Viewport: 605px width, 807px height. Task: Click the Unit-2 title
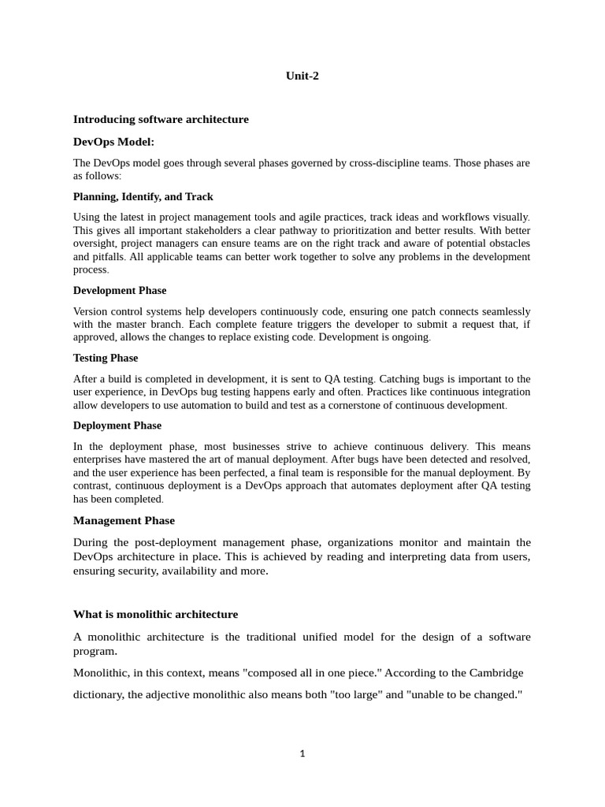coord(302,76)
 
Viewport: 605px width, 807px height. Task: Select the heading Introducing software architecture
coord(161,120)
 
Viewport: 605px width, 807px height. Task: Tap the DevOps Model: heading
coord(114,142)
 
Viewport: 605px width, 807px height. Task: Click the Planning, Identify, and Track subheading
coord(143,196)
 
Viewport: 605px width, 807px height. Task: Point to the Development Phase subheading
coord(120,290)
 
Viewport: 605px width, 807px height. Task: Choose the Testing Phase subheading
coord(106,358)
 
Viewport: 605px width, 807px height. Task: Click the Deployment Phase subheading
coord(117,426)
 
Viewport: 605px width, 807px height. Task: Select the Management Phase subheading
coord(124,521)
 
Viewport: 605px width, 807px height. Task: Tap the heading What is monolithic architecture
coord(155,615)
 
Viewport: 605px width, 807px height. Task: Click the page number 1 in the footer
coord(302,753)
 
